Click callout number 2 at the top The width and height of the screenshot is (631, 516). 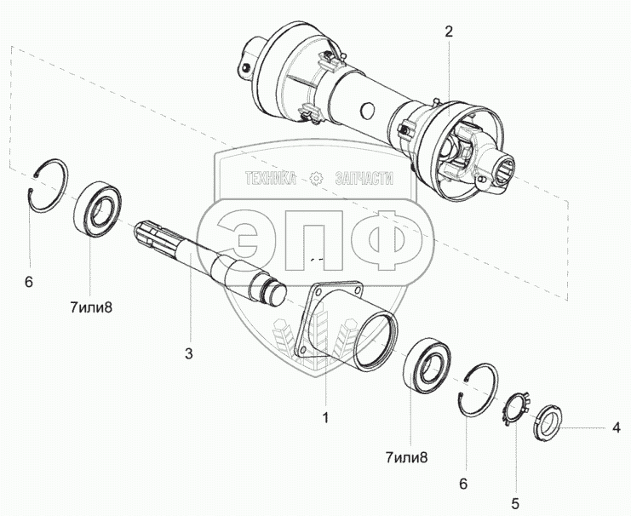tap(449, 32)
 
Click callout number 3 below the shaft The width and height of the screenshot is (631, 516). tap(190, 351)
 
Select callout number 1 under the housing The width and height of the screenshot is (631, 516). tap(324, 418)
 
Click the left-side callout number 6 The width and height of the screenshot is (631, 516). tap(28, 281)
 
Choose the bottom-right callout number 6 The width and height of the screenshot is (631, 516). tap(463, 484)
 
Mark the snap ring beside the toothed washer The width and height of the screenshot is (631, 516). tap(480, 387)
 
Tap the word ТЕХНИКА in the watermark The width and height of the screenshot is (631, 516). tap(270, 179)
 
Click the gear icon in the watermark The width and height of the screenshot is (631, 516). tap(317, 178)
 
